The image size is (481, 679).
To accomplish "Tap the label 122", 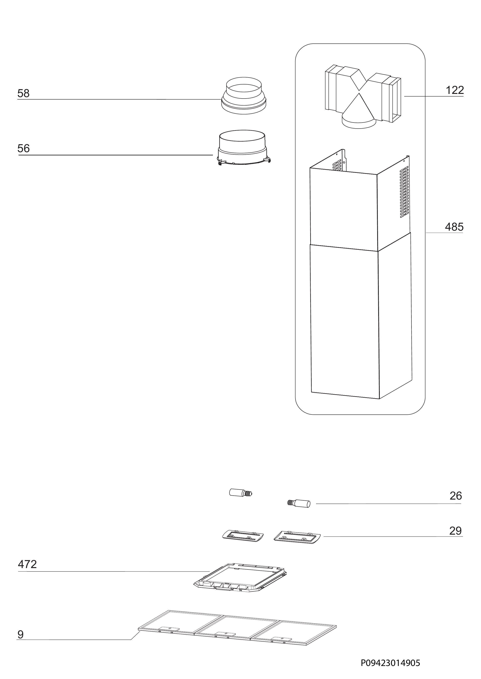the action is [x=455, y=90].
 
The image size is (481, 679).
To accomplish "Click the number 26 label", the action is [x=456, y=496].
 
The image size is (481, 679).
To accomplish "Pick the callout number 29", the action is [x=456, y=531].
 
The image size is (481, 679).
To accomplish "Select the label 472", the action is [x=27, y=564].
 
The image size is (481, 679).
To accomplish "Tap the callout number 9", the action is [x=20, y=635].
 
